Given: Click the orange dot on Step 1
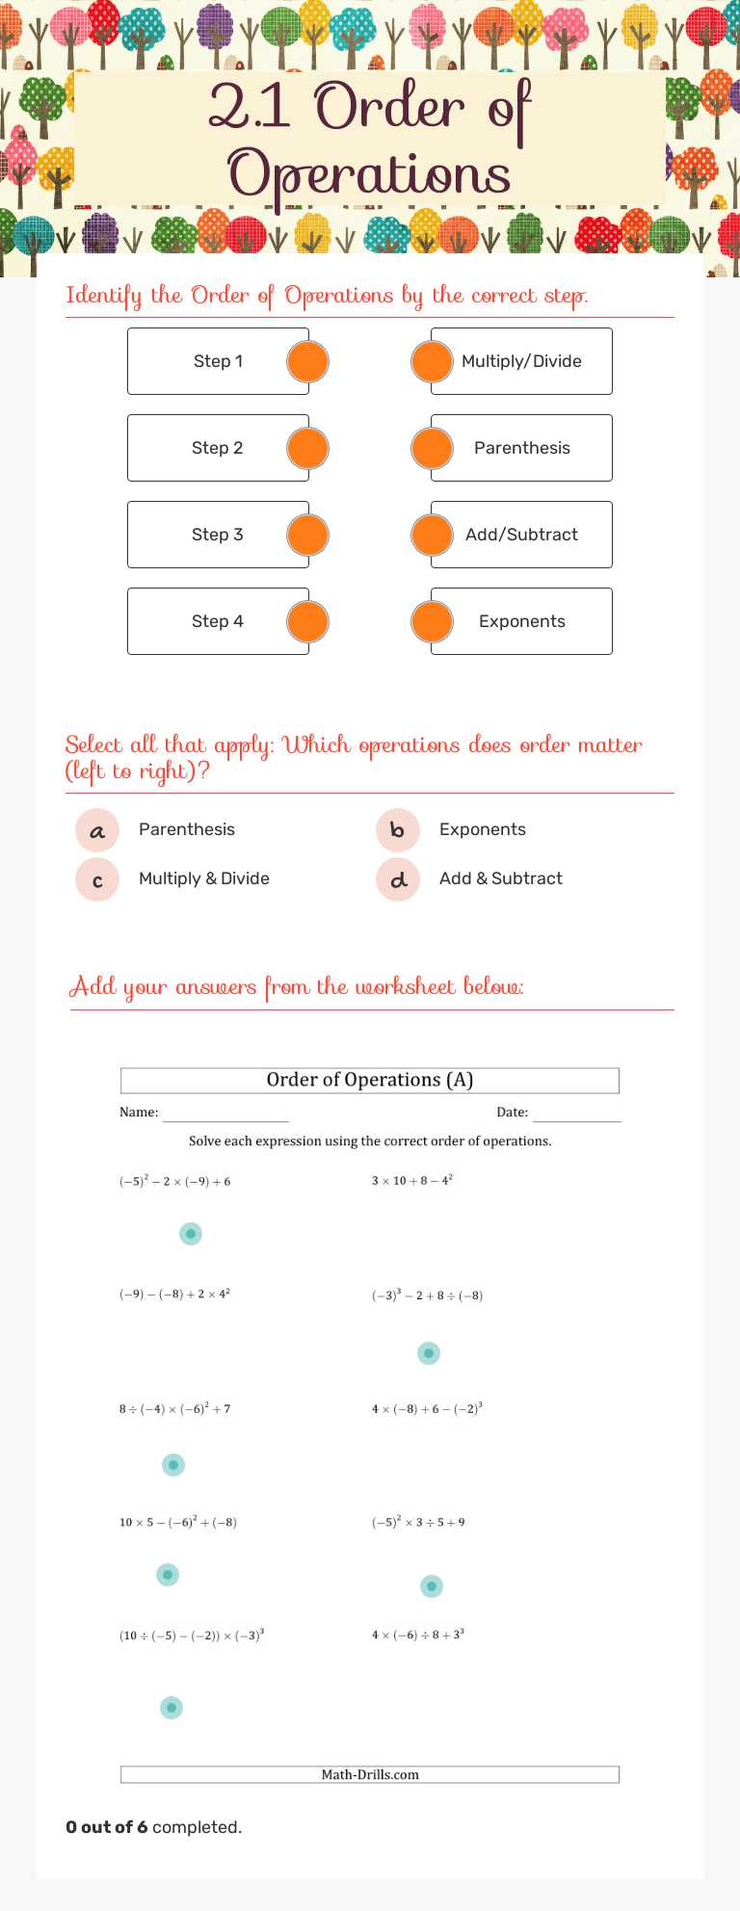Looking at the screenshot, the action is (x=307, y=361).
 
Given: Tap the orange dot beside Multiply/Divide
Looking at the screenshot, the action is (x=432, y=361).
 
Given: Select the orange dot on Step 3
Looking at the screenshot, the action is (x=307, y=535).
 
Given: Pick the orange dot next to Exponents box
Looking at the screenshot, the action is (x=432, y=621).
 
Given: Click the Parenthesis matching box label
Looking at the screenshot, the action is (x=521, y=448).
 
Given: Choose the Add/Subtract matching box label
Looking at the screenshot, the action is (x=521, y=535).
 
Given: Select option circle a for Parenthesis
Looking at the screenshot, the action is (x=97, y=830).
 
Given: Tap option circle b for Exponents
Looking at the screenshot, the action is (x=398, y=830).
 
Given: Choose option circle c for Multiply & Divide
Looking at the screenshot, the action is (x=97, y=879).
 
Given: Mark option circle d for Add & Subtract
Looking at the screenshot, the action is (x=398, y=879).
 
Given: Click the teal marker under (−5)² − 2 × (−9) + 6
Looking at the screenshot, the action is (x=191, y=1233).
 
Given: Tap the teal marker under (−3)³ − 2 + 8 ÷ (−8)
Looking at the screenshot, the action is (x=429, y=1353).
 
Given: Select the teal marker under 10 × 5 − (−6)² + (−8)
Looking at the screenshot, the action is (x=168, y=1575).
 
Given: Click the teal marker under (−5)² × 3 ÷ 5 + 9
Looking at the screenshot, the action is (x=432, y=1585).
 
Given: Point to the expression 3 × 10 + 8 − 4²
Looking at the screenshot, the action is (x=412, y=1180).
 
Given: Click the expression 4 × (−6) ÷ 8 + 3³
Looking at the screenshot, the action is (x=418, y=1635).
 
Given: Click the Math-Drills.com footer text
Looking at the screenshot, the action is (x=370, y=1774).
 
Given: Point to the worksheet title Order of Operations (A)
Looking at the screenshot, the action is (x=370, y=1080).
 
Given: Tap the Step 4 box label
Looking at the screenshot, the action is (x=218, y=621).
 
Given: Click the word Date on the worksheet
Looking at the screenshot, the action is (x=512, y=1112).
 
